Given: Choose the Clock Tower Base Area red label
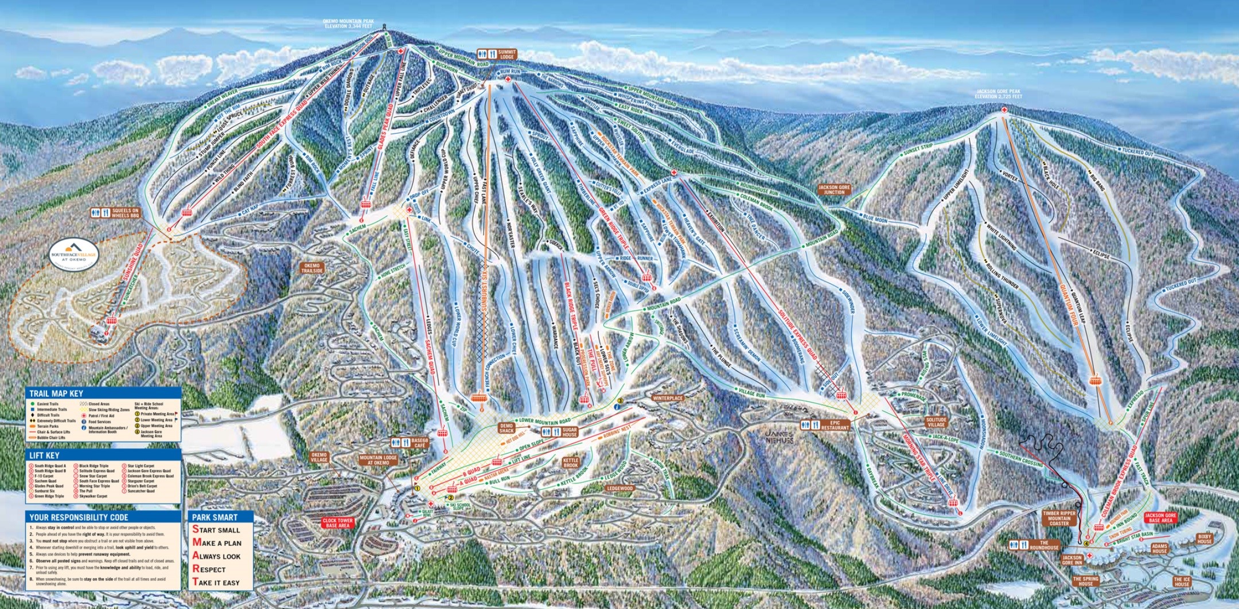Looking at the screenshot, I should tap(337, 523).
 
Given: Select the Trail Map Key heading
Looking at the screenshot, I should tap(56, 393).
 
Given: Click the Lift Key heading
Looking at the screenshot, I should tap(45, 455).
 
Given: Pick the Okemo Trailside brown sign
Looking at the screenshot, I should tap(313, 268).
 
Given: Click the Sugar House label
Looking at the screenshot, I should tap(569, 432).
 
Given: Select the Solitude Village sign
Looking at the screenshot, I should tap(936, 422).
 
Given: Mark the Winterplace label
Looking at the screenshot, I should tap(667, 398).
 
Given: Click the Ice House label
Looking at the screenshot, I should tap(1182, 581).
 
